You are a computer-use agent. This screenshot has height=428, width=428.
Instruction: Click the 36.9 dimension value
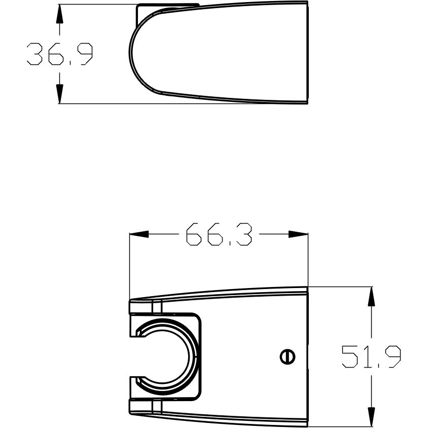pos(60,54)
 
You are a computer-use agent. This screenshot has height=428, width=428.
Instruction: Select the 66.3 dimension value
pos(218,234)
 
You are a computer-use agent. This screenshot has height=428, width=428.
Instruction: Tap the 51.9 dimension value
pos(371,356)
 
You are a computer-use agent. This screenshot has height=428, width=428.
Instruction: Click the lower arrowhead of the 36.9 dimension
pos(59,94)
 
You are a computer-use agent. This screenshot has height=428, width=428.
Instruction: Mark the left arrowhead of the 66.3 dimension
pos(140,234)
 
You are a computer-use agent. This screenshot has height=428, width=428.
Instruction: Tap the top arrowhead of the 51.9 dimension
pos(372,297)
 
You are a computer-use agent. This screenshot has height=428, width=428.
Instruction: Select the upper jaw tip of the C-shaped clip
pos(138,333)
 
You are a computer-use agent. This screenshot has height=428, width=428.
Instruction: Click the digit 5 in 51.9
pos(348,356)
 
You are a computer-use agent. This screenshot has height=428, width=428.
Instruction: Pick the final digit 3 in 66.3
pos(243,234)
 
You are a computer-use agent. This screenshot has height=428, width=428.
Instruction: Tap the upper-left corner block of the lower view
pos(141,307)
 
